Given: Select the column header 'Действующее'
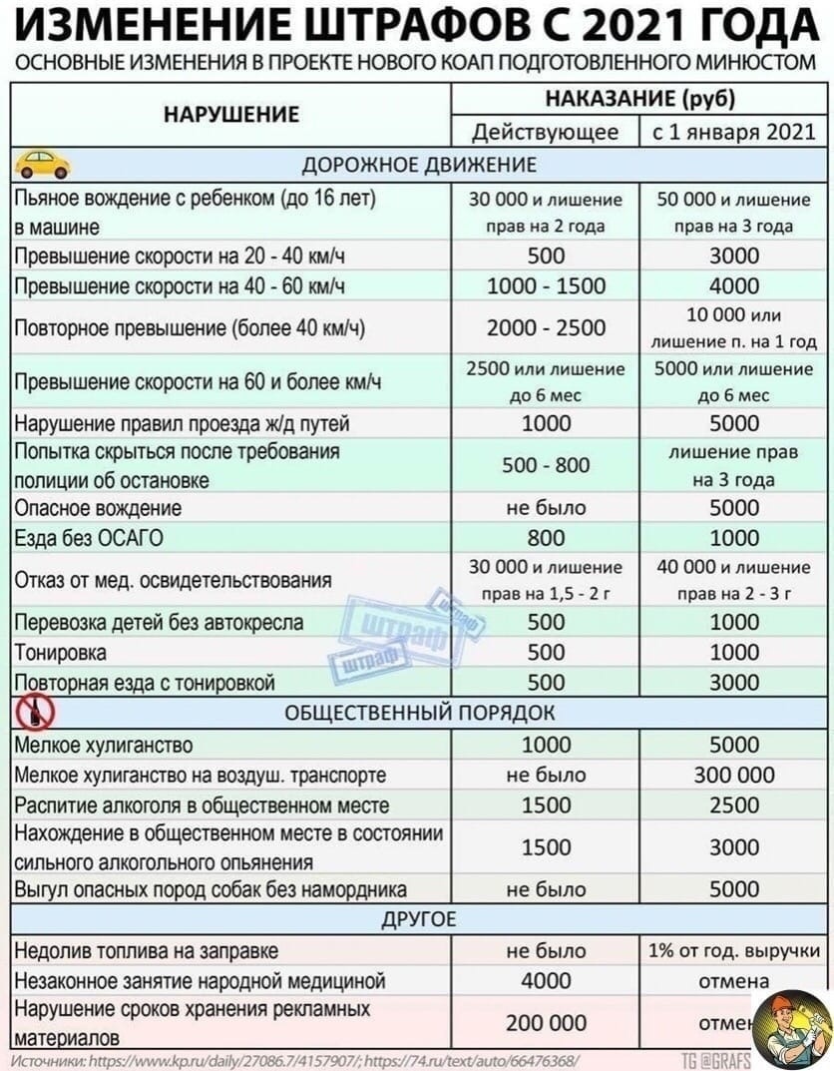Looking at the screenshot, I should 546,132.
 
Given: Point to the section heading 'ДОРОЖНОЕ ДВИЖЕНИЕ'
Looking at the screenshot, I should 418,164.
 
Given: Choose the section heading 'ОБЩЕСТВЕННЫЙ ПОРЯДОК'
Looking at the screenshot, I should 418,713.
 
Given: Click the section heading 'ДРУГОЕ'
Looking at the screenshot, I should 418,918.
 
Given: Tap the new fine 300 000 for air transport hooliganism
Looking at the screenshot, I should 733,775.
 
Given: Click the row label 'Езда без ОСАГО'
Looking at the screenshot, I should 90,538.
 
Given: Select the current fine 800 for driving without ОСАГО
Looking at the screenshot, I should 546,538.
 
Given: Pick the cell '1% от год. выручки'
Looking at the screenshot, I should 733,950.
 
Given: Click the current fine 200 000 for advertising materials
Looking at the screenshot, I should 546,1023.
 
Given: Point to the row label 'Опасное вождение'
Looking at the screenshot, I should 98,508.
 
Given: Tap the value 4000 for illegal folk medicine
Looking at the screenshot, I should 546,980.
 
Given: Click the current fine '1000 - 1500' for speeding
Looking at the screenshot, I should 546,285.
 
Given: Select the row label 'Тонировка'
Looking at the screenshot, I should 60,653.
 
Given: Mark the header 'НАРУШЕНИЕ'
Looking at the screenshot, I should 230,115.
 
